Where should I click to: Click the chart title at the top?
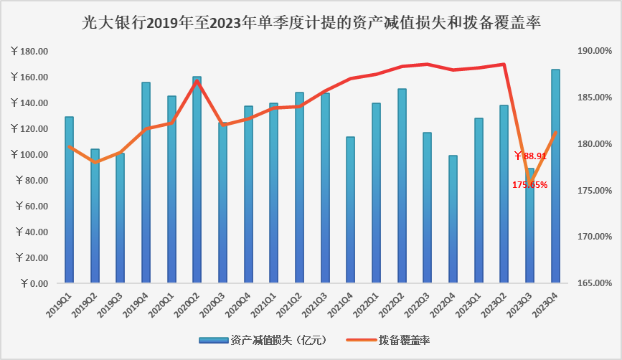click(311, 23)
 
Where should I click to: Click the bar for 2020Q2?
click(197, 179)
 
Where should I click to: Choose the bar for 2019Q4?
click(146, 182)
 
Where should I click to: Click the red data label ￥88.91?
click(531, 156)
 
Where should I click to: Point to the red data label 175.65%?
click(529, 184)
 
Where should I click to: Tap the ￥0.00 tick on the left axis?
click(34, 283)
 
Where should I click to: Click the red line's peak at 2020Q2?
click(197, 81)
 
